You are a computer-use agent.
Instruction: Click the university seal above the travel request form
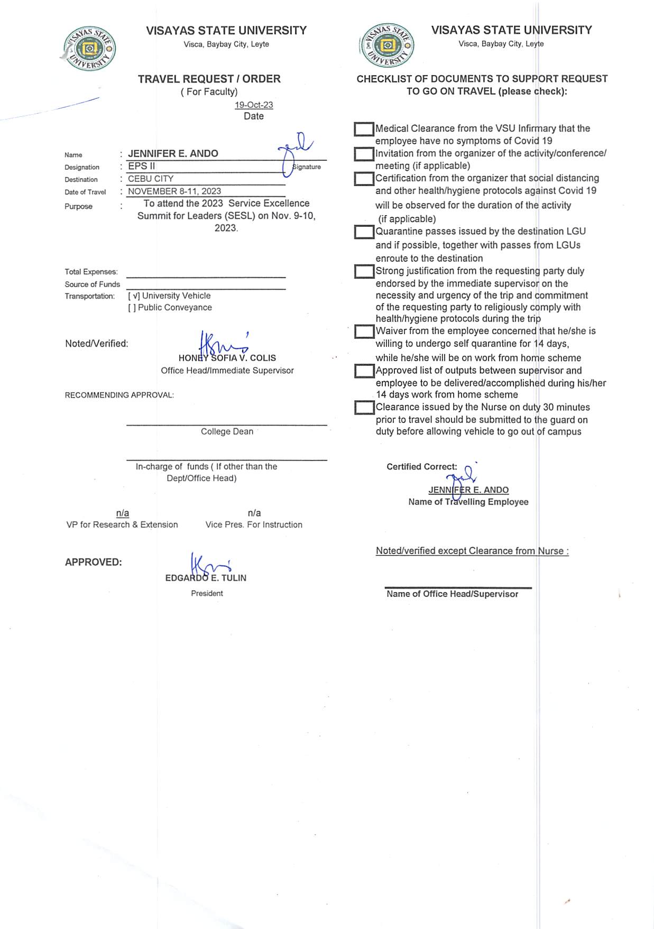tap(89, 49)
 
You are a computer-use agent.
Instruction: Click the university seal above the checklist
tap(386, 45)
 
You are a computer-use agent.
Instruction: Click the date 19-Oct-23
tap(254, 105)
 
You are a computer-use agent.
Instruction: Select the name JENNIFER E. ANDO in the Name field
tap(173, 153)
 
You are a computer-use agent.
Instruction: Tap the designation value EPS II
tap(141, 166)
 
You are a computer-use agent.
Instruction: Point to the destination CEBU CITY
tap(151, 179)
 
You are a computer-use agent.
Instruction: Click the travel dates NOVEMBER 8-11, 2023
tap(174, 191)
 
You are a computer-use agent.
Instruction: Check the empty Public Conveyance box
tap(132, 308)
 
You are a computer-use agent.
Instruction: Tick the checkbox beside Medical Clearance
tap(364, 129)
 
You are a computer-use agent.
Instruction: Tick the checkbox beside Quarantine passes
tap(364, 232)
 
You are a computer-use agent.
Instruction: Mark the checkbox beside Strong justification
tap(364, 272)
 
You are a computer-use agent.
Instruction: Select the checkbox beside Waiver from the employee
tap(364, 332)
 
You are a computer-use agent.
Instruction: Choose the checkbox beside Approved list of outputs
tap(364, 371)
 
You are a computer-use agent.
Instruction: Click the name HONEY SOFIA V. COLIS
tap(227, 358)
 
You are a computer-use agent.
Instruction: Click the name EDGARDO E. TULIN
tap(206, 578)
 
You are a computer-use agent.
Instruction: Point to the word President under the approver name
tap(207, 593)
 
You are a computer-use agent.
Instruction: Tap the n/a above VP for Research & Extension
tap(123, 513)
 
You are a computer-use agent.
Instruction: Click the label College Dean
tap(227, 431)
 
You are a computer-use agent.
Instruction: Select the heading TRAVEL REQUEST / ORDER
tap(209, 79)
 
